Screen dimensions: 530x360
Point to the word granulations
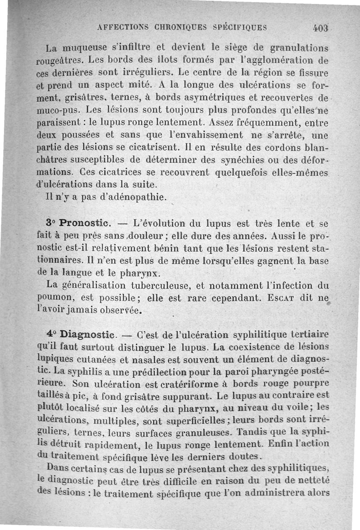(x=298, y=47)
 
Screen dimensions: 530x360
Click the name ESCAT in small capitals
(x=288, y=297)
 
